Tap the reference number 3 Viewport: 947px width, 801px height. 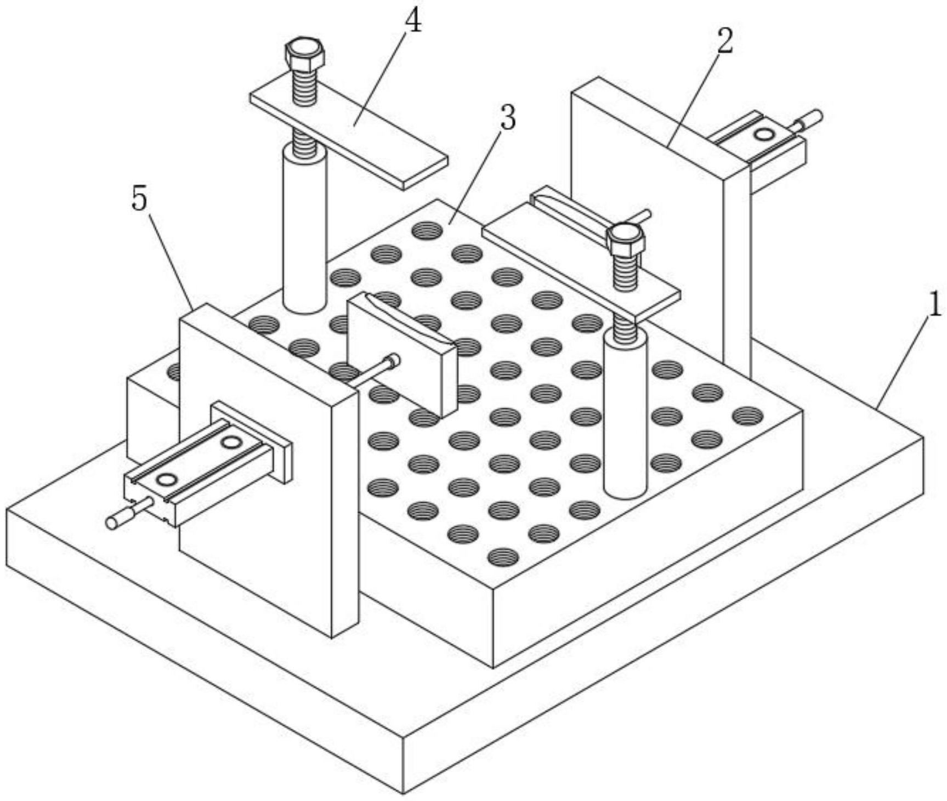pyautogui.click(x=508, y=118)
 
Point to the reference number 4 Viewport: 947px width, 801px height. pyautogui.click(x=413, y=22)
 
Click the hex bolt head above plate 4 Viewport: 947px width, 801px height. pyautogui.click(x=304, y=53)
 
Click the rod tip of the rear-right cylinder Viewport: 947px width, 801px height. pyautogui.click(x=816, y=116)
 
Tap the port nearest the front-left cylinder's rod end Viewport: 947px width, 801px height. pyautogui.click(x=166, y=480)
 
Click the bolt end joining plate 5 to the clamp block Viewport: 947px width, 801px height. pyautogui.click(x=393, y=361)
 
